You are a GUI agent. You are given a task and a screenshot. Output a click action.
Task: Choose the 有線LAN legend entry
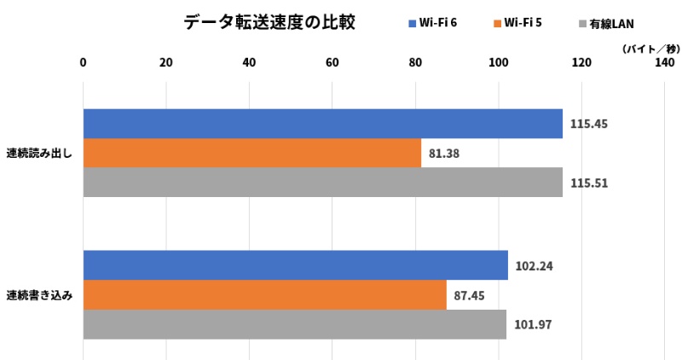(609, 23)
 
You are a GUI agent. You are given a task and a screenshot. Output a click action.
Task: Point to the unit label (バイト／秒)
(648, 49)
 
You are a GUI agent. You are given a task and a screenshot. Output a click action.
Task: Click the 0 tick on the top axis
(83, 62)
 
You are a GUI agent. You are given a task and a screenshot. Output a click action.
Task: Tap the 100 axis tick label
(499, 62)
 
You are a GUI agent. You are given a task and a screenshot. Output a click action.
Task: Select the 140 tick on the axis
(665, 62)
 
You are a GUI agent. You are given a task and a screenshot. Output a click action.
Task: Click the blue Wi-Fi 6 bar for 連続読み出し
(322, 124)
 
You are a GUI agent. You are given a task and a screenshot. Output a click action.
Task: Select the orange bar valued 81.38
(251, 154)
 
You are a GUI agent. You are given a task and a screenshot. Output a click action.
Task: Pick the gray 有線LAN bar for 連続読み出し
(322, 183)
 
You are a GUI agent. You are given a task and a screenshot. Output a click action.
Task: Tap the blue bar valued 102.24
(295, 265)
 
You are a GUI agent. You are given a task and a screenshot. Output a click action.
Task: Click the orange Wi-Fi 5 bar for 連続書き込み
(264, 295)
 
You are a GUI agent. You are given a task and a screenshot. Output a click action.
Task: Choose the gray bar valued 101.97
(294, 324)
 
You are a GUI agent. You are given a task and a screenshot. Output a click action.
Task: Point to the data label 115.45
(589, 124)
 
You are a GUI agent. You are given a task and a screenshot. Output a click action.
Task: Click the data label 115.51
(589, 183)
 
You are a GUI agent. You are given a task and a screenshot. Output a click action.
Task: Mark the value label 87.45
(473, 295)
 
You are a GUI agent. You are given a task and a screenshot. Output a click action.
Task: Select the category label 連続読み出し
(39, 154)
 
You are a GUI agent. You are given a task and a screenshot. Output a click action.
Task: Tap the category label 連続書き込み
(39, 295)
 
